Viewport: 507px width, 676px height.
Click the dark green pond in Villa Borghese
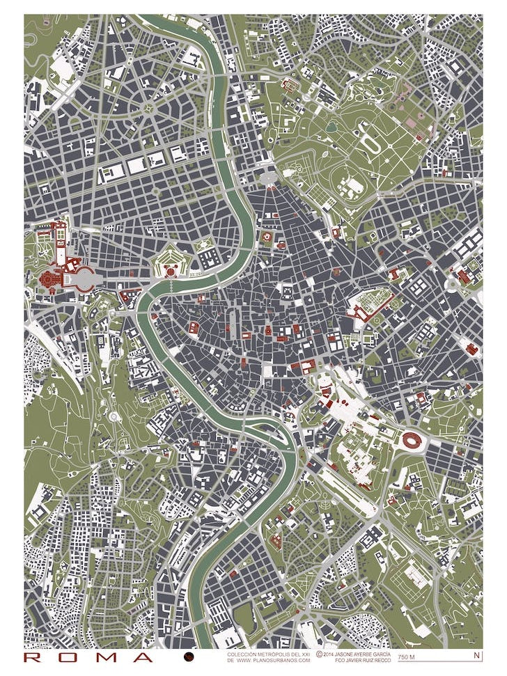(331, 127)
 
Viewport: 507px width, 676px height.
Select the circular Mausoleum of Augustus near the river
(265, 237)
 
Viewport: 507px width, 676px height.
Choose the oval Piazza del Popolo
(267, 178)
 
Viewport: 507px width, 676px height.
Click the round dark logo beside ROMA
(189, 657)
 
